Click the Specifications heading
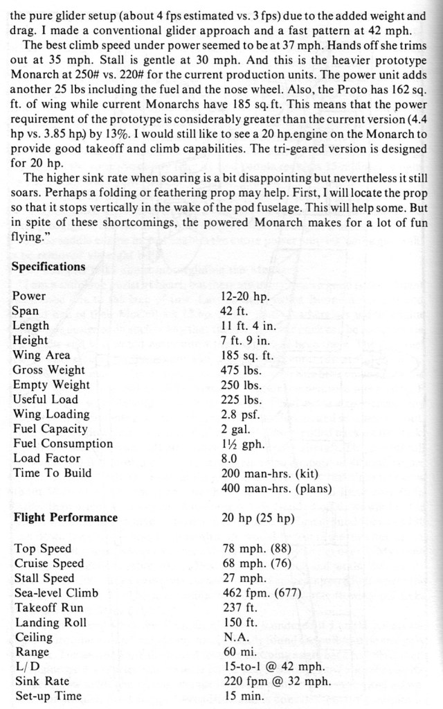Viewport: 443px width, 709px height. (49, 267)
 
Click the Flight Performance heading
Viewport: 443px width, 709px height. (66, 517)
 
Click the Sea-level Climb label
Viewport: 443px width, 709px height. (56, 593)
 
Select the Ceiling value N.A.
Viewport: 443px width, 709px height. (235, 637)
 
